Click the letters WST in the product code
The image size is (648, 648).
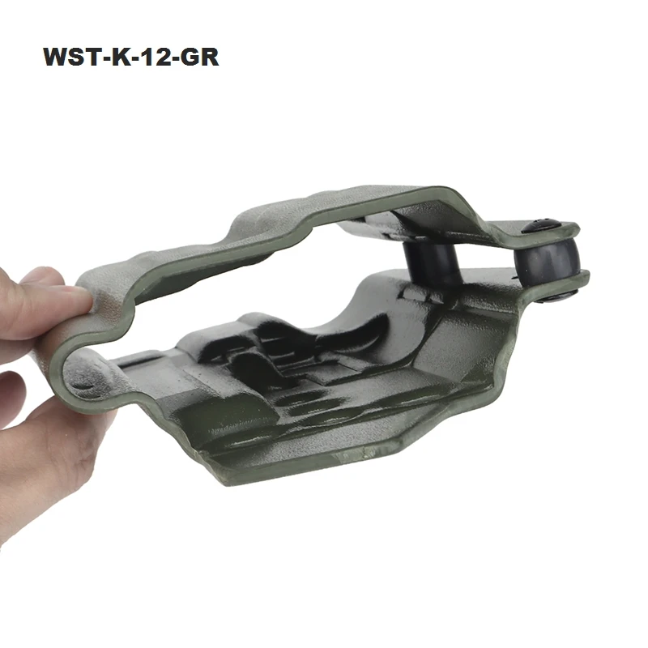click(x=70, y=57)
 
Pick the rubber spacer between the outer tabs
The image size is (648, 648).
click(x=545, y=261)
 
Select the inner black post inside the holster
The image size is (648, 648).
click(x=433, y=264)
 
